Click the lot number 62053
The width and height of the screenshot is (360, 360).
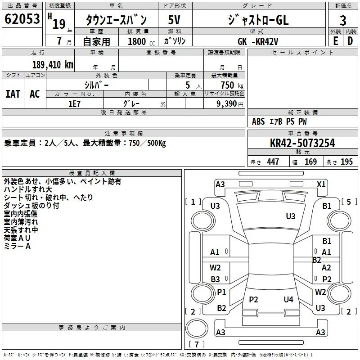tap(22, 19)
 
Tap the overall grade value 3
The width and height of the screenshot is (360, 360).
tap(343, 21)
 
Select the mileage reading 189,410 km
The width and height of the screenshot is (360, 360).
tap(53, 65)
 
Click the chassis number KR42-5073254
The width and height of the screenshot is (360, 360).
tap(302, 143)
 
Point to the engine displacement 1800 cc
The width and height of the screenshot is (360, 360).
tap(141, 41)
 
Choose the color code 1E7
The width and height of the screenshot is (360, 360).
tap(74, 104)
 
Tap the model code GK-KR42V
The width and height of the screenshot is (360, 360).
tap(258, 41)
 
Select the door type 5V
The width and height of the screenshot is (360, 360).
tap(174, 20)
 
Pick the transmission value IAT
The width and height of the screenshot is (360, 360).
tap(13, 94)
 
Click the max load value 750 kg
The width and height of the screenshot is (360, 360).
tap(232, 85)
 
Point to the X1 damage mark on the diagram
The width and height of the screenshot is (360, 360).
tap(321, 184)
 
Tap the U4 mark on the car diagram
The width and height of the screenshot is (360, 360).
tap(288, 299)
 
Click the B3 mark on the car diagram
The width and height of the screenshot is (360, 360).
tap(216, 279)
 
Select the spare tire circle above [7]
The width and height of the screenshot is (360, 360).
tap(197, 328)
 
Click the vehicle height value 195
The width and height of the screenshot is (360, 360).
tap(346, 162)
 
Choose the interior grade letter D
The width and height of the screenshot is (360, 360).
tap(350, 41)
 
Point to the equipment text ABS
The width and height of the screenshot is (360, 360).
tap(258, 121)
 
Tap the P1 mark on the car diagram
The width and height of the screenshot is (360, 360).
tap(221, 292)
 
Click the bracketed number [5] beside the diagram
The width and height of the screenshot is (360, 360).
tap(349, 202)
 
